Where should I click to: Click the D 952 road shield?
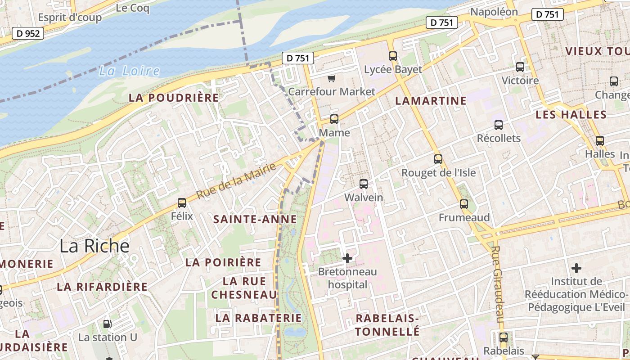click(28, 33)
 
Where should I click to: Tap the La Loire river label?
click(129, 71)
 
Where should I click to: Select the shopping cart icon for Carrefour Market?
click(332, 79)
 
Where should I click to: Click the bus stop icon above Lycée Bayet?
click(393, 56)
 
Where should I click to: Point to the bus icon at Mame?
click(334, 119)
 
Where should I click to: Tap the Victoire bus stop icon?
click(520, 67)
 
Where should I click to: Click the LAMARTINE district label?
click(431, 101)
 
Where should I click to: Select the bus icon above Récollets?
click(499, 125)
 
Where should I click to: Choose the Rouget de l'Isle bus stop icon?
click(438, 159)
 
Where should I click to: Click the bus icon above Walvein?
click(364, 184)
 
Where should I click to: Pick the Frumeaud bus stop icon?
click(464, 204)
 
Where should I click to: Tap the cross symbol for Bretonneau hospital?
click(347, 258)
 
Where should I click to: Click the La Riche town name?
click(94, 246)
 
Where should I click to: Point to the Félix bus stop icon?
click(182, 203)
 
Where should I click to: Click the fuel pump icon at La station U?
click(108, 324)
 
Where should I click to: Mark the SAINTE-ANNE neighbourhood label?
click(255, 220)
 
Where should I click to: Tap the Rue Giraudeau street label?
click(497, 283)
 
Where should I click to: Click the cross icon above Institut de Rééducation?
click(576, 269)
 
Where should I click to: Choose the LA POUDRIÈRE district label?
click(174, 98)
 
